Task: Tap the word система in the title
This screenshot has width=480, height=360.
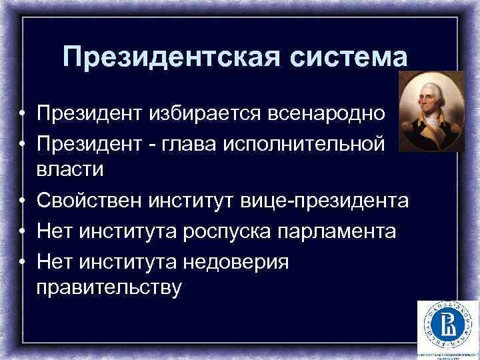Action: click(349, 57)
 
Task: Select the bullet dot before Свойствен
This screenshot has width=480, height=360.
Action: click(23, 200)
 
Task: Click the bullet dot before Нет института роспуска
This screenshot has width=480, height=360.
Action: click(23, 232)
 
